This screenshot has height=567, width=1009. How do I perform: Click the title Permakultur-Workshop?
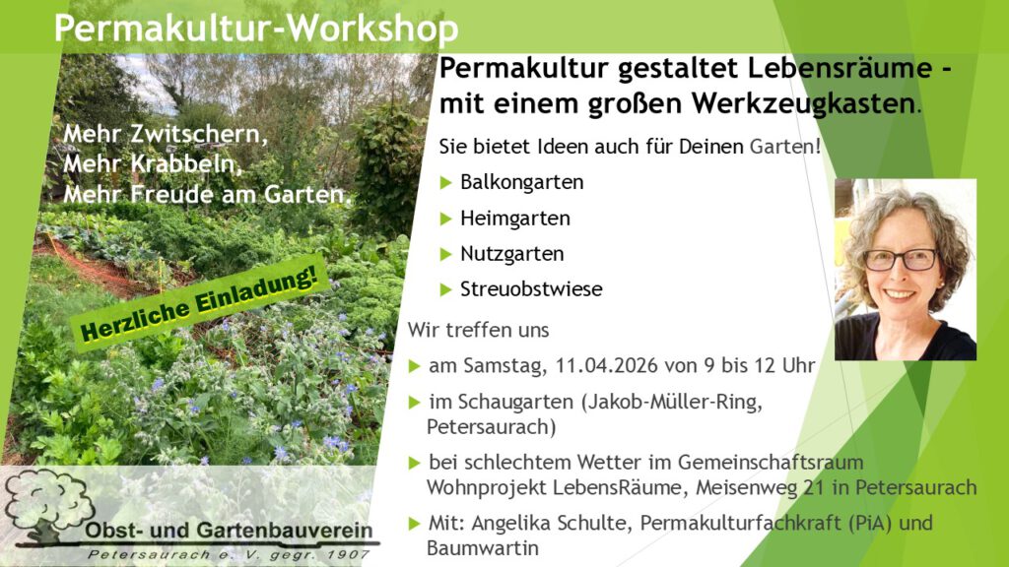(x=256, y=28)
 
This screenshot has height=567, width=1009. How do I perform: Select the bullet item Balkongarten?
(x=521, y=182)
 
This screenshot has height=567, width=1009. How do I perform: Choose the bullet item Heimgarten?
(x=514, y=218)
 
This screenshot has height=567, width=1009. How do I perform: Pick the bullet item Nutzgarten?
(x=511, y=253)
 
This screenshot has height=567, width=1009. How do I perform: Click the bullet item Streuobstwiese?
(x=531, y=289)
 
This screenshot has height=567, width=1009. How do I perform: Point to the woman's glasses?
(x=900, y=259)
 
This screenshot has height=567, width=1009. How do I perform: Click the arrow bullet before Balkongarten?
(x=446, y=182)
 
